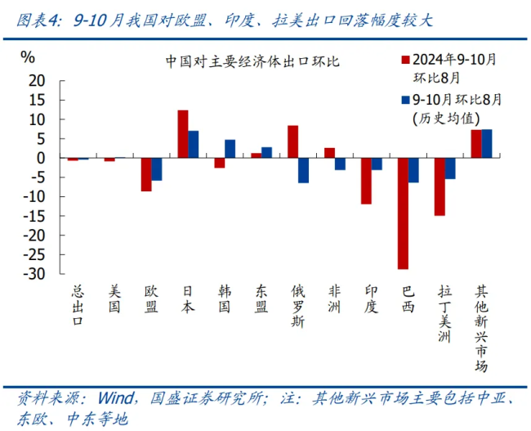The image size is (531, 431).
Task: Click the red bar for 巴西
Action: [403, 213]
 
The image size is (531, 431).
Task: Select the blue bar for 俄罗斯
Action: [303, 170]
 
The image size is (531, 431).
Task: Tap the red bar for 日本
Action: [183, 133]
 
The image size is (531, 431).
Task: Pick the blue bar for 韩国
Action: [230, 149]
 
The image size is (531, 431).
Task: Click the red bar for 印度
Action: [366, 181]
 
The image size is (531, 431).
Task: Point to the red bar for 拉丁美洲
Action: [440, 186]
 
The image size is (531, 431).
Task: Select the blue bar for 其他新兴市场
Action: [487, 143]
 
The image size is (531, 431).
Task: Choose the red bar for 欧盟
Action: [146, 174]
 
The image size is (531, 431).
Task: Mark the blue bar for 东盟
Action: [266, 152]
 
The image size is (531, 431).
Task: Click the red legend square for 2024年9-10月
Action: [405, 59]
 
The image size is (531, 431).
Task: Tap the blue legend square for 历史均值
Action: [405, 100]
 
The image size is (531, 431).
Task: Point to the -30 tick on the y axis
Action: [37, 274]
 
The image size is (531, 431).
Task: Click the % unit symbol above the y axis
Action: [28, 57]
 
